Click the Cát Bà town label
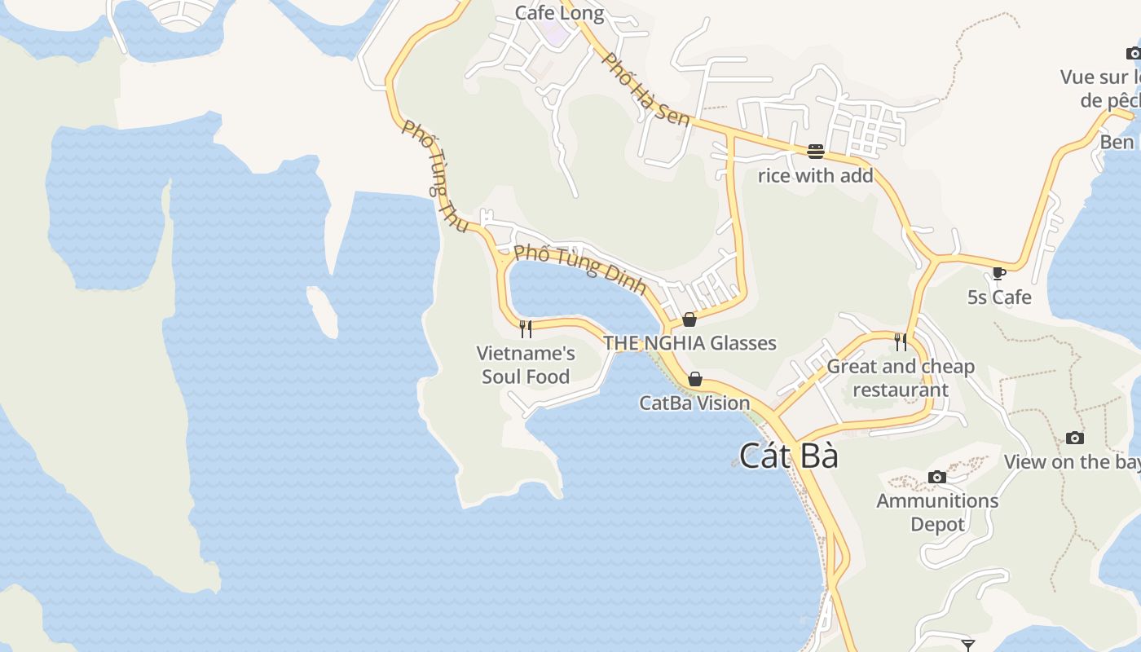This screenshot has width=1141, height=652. click(789, 456)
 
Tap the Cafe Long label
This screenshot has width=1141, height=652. click(559, 13)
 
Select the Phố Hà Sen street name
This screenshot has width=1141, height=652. click(645, 89)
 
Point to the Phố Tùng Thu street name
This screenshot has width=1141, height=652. click(434, 174)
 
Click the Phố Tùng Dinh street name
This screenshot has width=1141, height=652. click(580, 268)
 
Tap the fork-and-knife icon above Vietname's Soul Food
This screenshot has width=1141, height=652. click(526, 328)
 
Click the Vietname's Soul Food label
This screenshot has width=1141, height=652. click(526, 364)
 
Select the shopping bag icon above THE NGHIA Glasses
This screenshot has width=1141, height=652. click(689, 319)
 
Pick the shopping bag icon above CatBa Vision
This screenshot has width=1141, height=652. click(695, 379)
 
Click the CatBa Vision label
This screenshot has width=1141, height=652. click(694, 403)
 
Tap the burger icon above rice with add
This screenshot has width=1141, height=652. click(816, 151)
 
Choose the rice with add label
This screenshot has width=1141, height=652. click(815, 175)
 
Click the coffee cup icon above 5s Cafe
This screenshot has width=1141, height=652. click(999, 273)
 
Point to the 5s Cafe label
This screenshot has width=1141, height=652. click(999, 297)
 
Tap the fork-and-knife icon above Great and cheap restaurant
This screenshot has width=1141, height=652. click(901, 341)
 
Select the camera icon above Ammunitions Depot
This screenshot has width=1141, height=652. click(937, 477)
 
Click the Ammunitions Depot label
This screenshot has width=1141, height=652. click(937, 512)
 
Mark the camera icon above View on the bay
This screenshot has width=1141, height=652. click(1075, 438)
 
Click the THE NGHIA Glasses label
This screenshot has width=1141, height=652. click(689, 343)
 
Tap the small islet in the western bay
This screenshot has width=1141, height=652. click(323, 311)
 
